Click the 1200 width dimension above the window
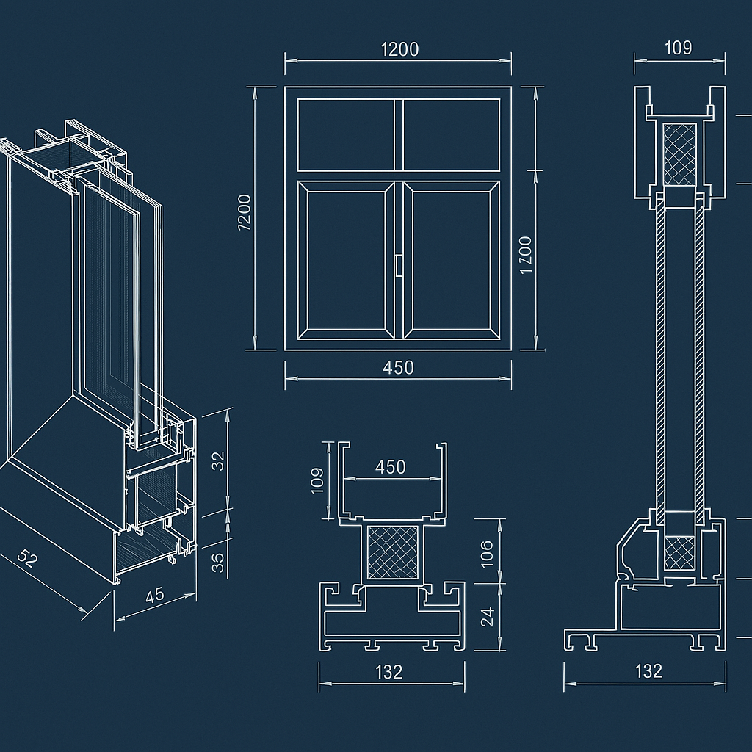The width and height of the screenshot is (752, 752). tap(399, 49)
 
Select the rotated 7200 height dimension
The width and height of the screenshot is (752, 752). tap(245, 213)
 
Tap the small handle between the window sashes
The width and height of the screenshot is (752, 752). tap(399, 266)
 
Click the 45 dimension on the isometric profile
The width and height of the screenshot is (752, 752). tap(154, 595)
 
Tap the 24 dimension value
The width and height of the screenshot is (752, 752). tap(487, 617)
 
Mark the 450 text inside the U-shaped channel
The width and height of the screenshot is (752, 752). tap(390, 467)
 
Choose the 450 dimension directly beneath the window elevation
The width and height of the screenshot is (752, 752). tap(398, 367)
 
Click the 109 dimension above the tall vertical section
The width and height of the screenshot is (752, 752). tap(678, 48)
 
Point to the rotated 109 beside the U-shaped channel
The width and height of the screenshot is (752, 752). tap(317, 481)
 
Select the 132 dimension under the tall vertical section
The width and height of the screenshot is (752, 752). tap(648, 670)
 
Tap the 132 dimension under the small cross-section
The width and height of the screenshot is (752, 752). tap(389, 671)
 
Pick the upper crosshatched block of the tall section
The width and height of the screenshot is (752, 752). tap(679, 154)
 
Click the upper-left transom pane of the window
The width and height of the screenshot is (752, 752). tap(346, 134)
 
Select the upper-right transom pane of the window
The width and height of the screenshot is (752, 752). tap(451, 134)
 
